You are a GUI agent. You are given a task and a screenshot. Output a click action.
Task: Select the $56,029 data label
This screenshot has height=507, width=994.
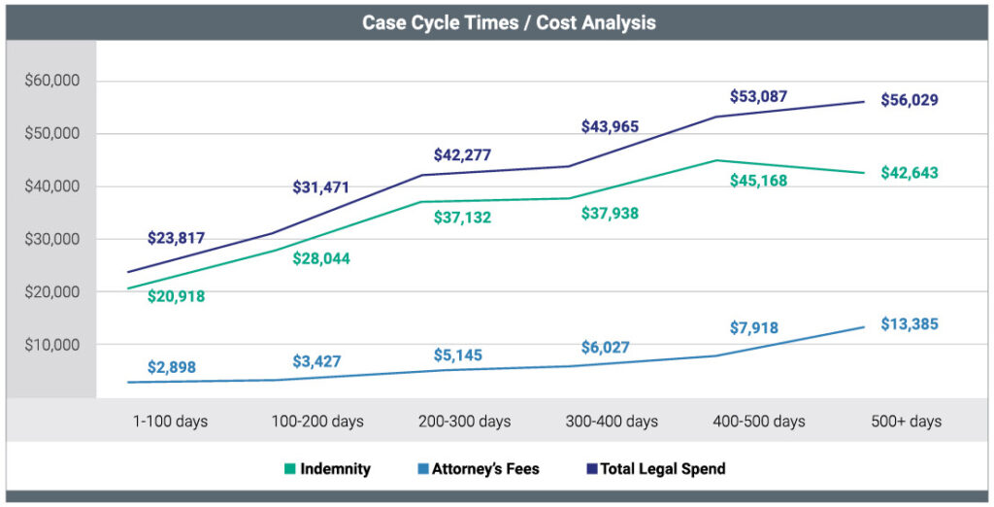tap(910, 100)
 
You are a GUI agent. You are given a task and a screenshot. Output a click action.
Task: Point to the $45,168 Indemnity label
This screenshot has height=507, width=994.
tap(759, 181)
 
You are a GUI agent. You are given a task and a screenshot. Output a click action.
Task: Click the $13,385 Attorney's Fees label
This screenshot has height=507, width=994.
tap(910, 323)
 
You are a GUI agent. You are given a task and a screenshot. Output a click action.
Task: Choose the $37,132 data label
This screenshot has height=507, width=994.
tap(461, 218)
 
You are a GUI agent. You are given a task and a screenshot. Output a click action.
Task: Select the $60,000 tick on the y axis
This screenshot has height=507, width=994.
tap(52, 81)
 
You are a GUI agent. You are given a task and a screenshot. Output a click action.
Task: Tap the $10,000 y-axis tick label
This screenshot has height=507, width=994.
tap(52, 345)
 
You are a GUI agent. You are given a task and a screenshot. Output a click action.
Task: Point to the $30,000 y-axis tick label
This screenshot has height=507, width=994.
tap(52, 239)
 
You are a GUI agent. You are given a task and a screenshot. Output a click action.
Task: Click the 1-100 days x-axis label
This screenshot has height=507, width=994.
tap(171, 422)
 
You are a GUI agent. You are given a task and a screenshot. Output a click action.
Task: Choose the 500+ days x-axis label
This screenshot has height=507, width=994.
tap(905, 422)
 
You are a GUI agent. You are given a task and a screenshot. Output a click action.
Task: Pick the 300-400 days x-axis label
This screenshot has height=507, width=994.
tap(612, 422)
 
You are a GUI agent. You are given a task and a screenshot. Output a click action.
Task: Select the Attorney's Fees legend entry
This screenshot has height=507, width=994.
tap(478, 469)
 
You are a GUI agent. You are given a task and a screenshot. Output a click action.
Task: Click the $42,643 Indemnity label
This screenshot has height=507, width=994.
tap(910, 174)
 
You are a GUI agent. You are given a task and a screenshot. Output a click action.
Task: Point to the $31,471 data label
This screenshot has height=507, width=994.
tap(320, 187)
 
